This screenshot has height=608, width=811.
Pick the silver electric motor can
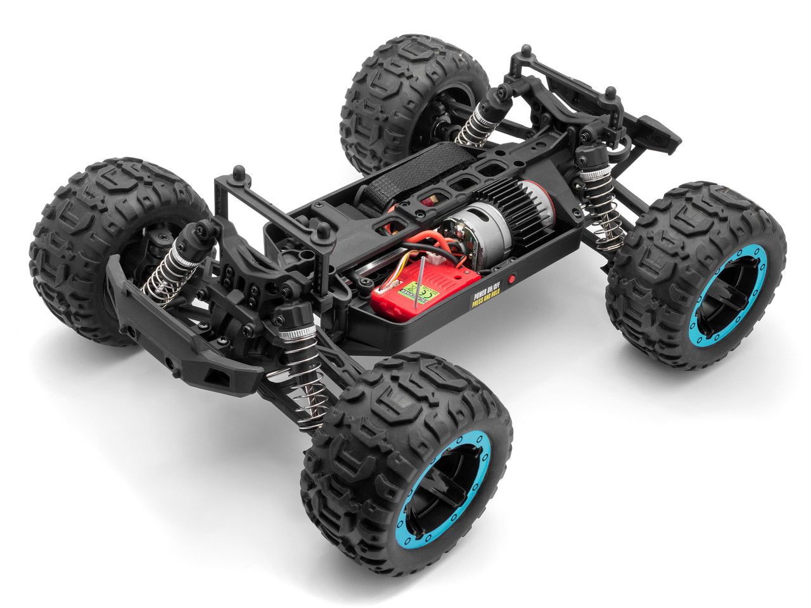click(x=486, y=234)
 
